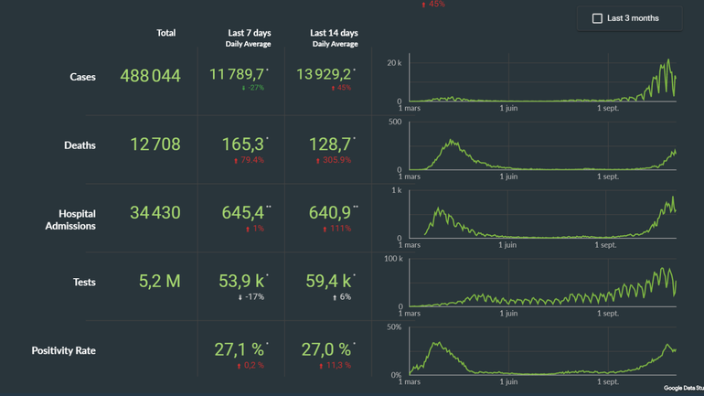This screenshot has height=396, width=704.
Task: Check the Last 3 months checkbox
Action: click(598, 18)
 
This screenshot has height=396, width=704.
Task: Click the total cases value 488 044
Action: click(150, 76)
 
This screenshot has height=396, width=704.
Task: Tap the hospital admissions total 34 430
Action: click(155, 213)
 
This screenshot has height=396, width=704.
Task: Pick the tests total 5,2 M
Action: click(159, 282)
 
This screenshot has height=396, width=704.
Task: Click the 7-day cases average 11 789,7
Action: click(237, 74)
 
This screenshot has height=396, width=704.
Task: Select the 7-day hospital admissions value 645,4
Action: click(243, 213)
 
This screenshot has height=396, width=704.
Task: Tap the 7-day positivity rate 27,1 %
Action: click(243, 349)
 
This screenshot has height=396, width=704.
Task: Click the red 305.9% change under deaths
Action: click(334, 160)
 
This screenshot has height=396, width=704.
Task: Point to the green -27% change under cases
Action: click(252, 89)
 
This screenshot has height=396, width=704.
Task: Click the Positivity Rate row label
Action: click(64, 350)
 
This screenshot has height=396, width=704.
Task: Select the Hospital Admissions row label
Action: click(70, 219)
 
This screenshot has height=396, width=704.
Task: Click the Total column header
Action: click(165, 33)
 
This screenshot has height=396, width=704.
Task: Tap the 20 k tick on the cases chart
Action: click(394, 62)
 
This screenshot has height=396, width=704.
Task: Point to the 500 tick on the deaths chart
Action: click(395, 122)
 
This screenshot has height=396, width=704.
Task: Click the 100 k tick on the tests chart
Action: click(392, 259)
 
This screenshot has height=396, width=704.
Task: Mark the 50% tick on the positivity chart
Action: click(394, 327)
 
